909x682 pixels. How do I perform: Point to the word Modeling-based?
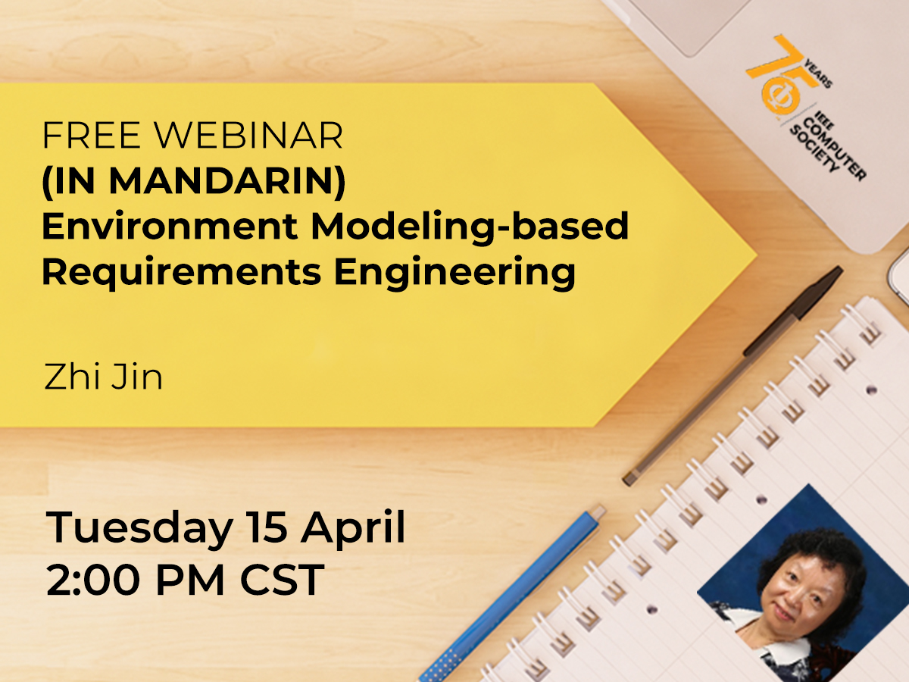(470, 227)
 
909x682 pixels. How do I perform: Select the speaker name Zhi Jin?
(104, 377)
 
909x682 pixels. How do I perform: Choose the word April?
(354, 529)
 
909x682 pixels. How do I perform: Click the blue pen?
(515, 591)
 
